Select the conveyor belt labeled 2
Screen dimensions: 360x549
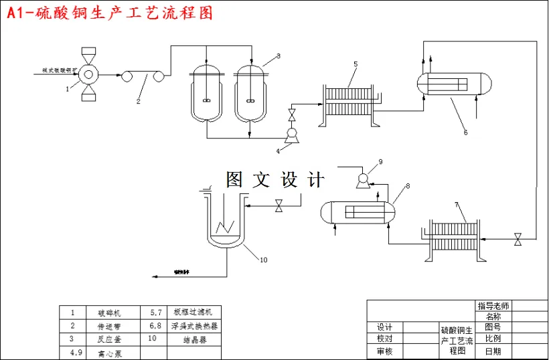(142, 77)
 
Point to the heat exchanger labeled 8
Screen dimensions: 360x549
(358, 213)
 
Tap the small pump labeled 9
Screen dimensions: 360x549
(362, 178)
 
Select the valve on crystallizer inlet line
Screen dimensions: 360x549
(279, 207)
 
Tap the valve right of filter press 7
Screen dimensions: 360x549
(518, 239)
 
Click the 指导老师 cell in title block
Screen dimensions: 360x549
(493, 305)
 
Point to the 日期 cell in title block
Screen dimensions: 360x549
(493, 351)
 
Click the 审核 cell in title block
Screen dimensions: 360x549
(385, 351)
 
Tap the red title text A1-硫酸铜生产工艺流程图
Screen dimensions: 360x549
(110, 13)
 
